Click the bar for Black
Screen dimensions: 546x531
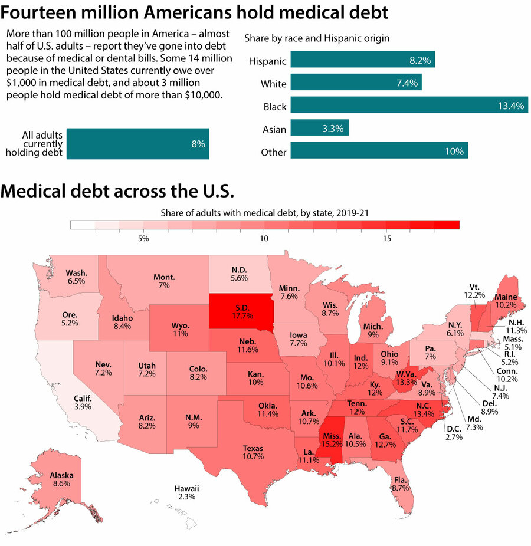pyautogui.click(x=409, y=106)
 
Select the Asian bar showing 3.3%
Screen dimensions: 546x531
pyautogui.click(x=320, y=128)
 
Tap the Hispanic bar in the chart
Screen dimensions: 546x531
pyautogui.click(x=362, y=60)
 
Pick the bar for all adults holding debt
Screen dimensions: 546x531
pyautogui.click(x=138, y=143)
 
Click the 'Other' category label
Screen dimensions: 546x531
pyautogui.click(x=274, y=152)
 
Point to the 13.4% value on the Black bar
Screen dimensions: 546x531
pyautogui.click(x=510, y=106)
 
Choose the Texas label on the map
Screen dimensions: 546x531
pyautogui.click(x=253, y=452)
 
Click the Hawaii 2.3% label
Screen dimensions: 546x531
pyautogui.click(x=186, y=492)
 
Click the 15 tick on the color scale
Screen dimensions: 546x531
pyautogui.click(x=387, y=239)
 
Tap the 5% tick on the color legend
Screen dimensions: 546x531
pyautogui.click(x=143, y=239)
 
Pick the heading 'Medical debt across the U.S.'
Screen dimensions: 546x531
pyautogui.click(x=117, y=191)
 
